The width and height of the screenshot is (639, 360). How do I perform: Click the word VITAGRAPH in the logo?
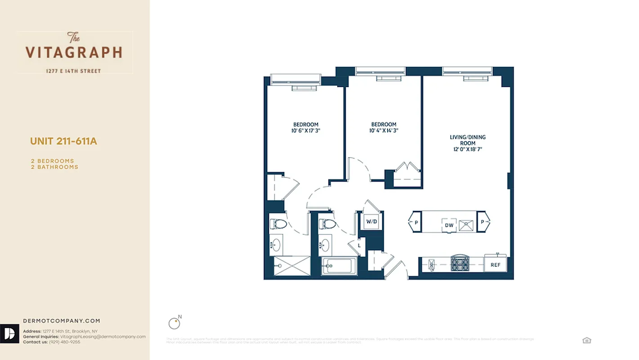point(74,52)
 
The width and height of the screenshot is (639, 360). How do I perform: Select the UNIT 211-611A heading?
point(63,141)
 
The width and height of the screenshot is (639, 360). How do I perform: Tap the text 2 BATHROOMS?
point(54,167)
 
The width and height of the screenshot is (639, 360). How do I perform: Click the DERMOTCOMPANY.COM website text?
point(62,321)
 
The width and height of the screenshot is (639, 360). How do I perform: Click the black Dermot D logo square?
point(9,333)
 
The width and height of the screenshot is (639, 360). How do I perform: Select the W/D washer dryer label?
point(371,221)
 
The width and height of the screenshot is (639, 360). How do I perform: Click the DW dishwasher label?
point(449,225)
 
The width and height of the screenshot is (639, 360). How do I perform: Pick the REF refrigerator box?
point(495,265)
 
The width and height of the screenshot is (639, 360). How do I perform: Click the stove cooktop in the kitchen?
point(460,263)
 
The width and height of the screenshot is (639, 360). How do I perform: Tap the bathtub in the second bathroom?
point(340,265)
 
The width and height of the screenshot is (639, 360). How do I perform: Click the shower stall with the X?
point(292,265)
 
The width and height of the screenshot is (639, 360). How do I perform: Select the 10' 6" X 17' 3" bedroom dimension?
point(306,131)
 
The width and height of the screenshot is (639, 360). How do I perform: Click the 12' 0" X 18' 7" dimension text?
point(468,149)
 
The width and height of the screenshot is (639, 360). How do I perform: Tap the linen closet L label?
point(359,246)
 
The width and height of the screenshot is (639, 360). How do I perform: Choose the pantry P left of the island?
point(416,222)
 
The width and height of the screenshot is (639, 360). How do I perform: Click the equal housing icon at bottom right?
point(586,340)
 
